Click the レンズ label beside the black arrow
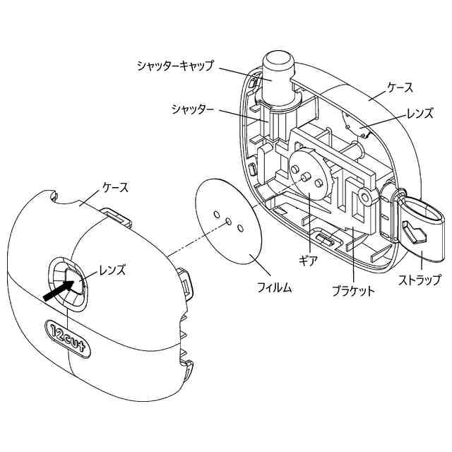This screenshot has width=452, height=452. pyautogui.click(x=112, y=269)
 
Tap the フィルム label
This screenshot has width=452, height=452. pyautogui.click(x=270, y=287)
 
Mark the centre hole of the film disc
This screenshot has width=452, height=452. pyautogui.click(x=229, y=220)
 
